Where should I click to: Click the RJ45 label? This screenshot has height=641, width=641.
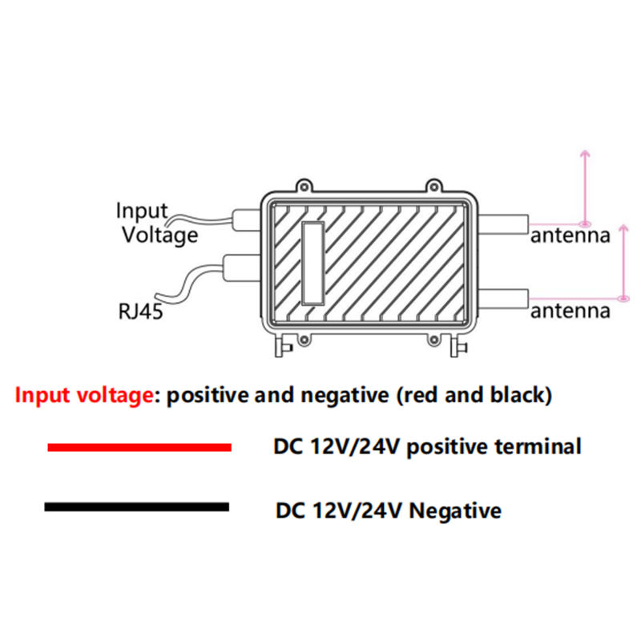[x=140, y=311]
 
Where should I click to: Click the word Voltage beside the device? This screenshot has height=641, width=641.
[x=159, y=235]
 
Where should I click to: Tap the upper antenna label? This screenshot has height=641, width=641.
[x=570, y=236]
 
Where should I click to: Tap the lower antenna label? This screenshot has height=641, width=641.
[x=570, y=311]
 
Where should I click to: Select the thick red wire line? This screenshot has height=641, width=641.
[x=139, y=446]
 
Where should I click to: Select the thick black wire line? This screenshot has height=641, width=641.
[x=137, y=506]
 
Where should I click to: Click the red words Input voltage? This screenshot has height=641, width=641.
[x=84, y=396]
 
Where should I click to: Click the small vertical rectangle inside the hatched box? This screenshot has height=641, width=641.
[x=312, y=262]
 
